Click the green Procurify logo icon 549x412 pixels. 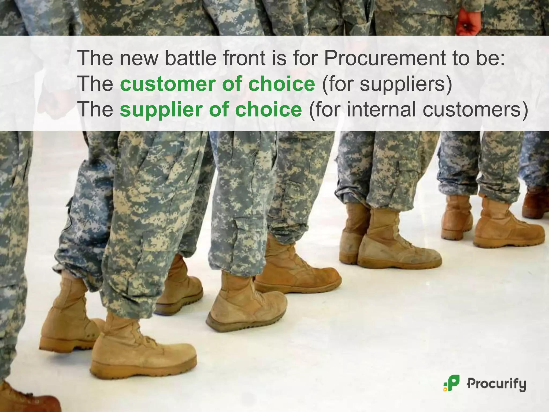coord(452,384)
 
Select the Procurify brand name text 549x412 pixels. coord(496,384)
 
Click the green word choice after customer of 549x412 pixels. coord(281,84)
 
